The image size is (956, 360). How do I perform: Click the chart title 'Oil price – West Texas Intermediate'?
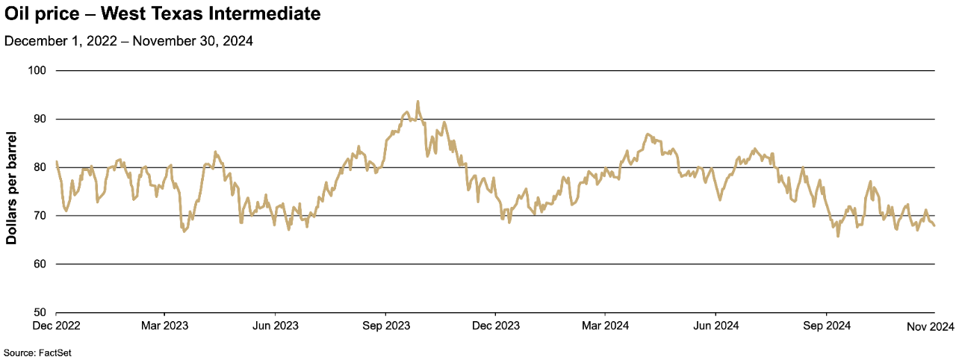click(162, 13)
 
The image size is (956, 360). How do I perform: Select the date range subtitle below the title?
click(128, 41)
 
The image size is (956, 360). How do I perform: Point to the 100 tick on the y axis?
click(37, 70)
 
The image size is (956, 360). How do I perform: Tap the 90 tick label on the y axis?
click(40, 119)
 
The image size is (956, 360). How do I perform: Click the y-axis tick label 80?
click(40, 167)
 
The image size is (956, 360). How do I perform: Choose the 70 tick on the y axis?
click(40, 216)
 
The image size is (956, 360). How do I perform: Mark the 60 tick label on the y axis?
click(40, 264)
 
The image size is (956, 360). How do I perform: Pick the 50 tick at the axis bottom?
click(40, 312)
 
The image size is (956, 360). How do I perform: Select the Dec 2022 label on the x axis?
click(56, 326)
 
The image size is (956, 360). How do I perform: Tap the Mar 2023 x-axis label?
click(164, 326)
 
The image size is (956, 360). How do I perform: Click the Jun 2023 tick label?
click(275, 326)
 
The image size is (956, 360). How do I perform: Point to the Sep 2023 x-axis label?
click(385, 326)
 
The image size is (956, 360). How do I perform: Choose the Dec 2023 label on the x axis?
click(495, 326)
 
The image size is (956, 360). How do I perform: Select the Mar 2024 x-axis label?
click(604, 326)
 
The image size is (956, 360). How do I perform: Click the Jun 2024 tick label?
click(716, 326)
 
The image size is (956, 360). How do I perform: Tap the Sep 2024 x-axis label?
click(826, 326)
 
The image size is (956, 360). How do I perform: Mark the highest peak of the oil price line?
click(418, 102)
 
